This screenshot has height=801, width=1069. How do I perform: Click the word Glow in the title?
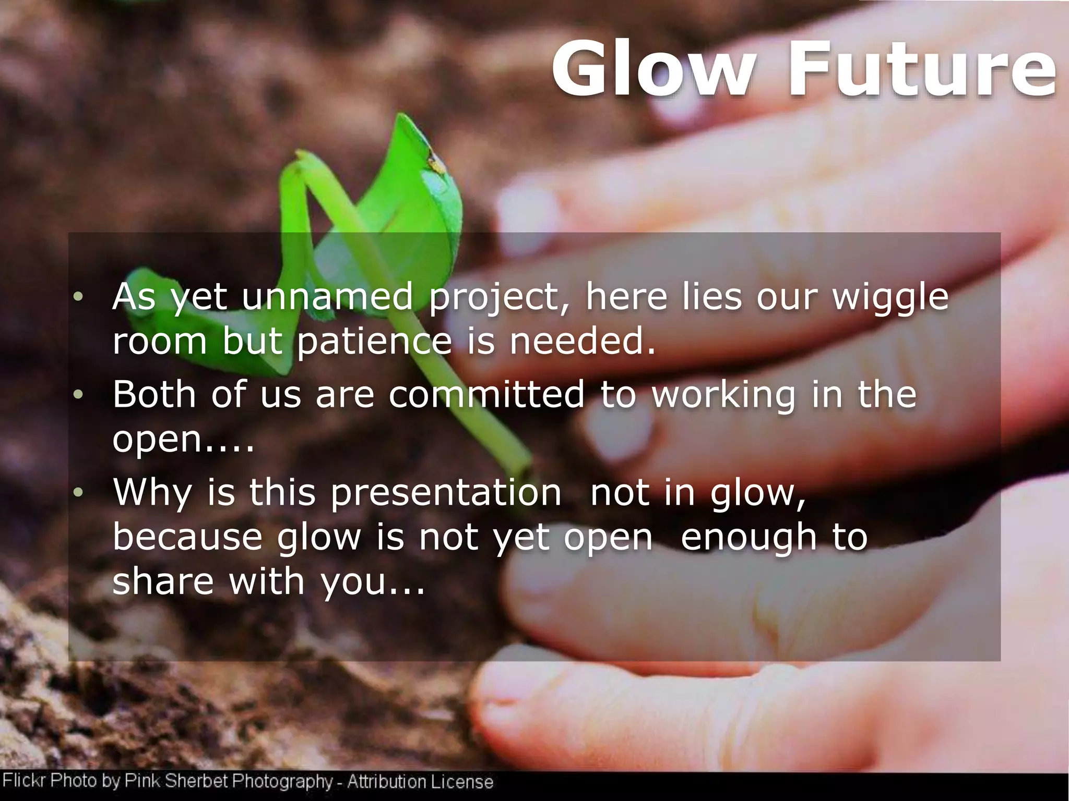click(653, 70)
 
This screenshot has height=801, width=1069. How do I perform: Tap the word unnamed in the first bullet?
click(327, 297)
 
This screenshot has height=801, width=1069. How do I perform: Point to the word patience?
click(374, 343)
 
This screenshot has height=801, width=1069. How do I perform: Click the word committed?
click(486, 394)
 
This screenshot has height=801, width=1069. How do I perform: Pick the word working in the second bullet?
click(724, 395)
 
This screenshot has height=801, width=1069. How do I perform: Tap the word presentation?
click(446, 492)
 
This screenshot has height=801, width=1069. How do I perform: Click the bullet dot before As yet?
click(78, 297)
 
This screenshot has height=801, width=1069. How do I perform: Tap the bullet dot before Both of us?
click(78, 395)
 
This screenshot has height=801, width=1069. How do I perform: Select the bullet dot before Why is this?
click(78, 492)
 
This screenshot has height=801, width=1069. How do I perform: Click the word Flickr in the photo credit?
click(25, 781)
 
